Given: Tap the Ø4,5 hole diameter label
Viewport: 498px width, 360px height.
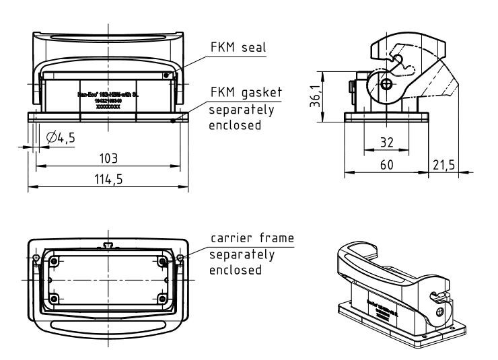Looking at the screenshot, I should coord(61,138).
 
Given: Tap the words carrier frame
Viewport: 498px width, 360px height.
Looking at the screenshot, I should coord(252,239).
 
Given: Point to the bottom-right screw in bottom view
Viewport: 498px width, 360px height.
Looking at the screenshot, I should coord(162,298).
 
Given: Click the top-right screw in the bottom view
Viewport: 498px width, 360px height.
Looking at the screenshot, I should coord(162,260).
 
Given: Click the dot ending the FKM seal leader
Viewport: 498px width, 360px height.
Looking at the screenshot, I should coord(167,75).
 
